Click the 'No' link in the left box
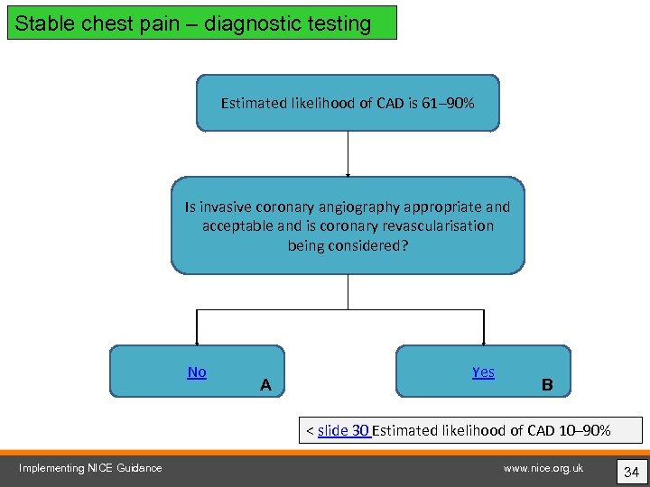tap(197, 372)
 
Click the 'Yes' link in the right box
tap(483, 372)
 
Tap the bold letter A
tap(265, 385)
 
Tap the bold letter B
tap(546, 385)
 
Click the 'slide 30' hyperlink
tap(343, 430)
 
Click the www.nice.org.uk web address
tap(543, 467)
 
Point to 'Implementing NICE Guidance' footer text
tap(90, 467)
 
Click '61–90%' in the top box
tap(448, 104)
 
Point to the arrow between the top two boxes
tap(348, 153)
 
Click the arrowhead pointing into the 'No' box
tap(197, 340)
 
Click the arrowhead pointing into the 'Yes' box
tap(483, 340)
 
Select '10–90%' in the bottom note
tap(581, 430)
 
